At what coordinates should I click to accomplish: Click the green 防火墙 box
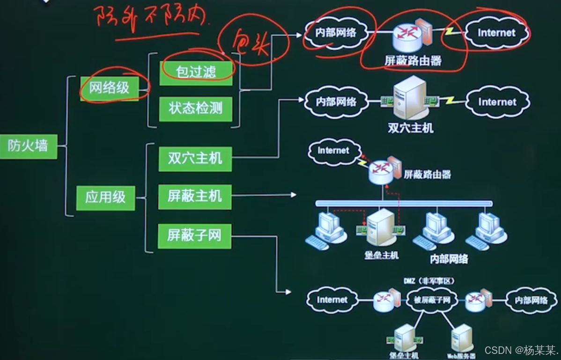click(x=28, y=147)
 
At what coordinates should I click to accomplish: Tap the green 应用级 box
click(x=105, y=198)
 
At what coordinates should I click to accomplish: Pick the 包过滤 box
click(x=196, y=72)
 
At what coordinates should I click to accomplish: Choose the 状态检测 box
click(x=195, y=109)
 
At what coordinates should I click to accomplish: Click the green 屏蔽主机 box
click(x=195, y=196)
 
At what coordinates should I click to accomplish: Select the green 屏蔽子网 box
click(x=194, y=235)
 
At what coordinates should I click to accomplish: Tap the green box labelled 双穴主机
click(x=195, y=158)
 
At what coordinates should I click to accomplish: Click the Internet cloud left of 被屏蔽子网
click(x=332, y=300)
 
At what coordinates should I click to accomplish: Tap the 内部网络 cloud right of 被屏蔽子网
click(x=531, y=300)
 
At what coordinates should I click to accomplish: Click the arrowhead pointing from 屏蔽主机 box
click(x=294, y=195)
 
